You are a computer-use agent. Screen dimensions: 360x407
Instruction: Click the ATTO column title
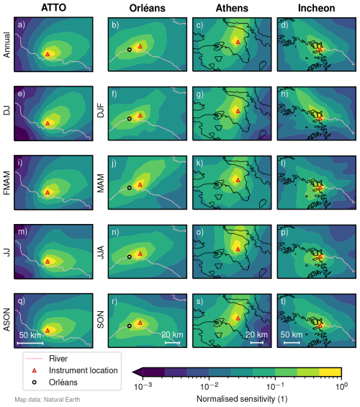53,7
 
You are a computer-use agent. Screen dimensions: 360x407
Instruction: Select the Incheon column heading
316,8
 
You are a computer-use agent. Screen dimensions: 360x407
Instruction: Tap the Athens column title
232,8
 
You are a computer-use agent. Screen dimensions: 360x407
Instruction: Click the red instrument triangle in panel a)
48,54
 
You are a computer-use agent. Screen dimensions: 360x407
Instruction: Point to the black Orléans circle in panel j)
130,188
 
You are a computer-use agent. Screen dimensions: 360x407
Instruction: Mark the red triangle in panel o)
238,249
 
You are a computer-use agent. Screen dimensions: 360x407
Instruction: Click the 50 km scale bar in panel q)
30,343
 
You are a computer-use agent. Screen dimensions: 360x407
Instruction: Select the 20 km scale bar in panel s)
257,343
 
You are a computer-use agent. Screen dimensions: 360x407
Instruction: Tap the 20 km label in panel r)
172,335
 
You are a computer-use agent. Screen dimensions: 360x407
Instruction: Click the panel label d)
284,25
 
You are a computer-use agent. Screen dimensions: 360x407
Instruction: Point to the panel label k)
199,164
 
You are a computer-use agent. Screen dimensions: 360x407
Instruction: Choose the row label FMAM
6,183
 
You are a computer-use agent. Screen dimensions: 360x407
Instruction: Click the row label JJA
101,252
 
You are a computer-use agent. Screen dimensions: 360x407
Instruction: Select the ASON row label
6,320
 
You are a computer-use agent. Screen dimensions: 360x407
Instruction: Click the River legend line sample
35,359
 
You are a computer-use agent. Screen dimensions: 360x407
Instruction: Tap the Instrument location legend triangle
35,370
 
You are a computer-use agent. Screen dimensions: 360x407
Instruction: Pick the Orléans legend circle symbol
35,383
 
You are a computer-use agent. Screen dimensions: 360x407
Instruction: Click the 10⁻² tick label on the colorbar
209,387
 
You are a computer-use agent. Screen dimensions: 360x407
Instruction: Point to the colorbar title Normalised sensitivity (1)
242,398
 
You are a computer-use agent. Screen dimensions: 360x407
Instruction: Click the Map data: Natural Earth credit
48,400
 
